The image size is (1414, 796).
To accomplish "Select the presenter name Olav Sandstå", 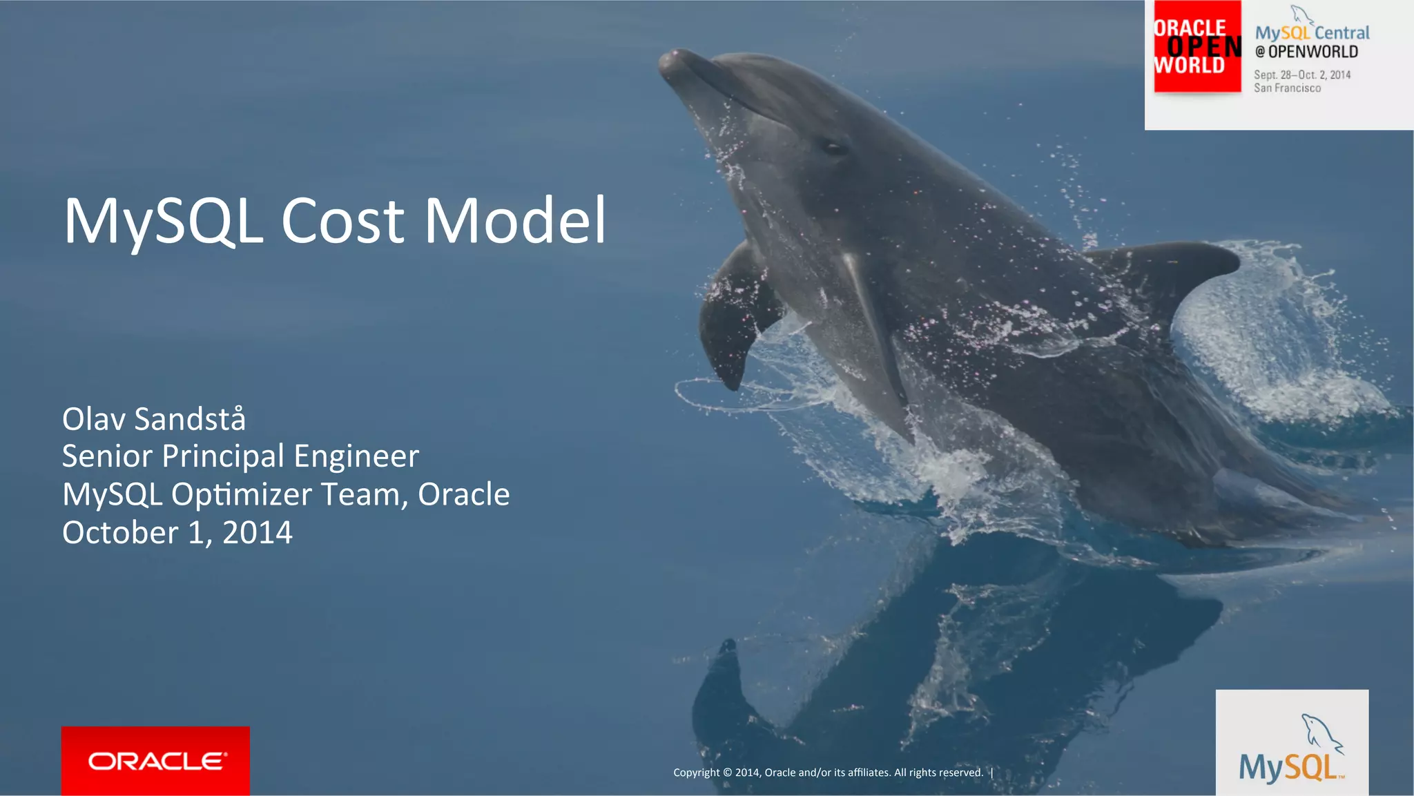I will [x=154, y=419].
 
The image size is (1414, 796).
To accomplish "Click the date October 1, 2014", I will [x=177, y=533].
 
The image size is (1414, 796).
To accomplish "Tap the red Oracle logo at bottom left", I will [x=155, y=761].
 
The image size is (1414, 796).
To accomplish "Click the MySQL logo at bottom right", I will [x=1292, y=753].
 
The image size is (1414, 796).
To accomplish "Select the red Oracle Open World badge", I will [x=1197, y=47].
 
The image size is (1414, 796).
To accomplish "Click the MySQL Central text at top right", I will [x=1312, y=32].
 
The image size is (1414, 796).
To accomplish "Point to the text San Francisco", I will [x=1288, y=88].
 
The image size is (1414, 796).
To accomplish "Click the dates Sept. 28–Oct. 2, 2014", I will [x=1302, y=75].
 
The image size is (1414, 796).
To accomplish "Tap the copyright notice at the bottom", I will [x=828, y=773].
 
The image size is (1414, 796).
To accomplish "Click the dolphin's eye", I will [x=833, y=147].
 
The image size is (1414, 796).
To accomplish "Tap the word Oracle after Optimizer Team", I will [x=464, y=494].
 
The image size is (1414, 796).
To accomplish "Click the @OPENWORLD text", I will [x=1306, y=52].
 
